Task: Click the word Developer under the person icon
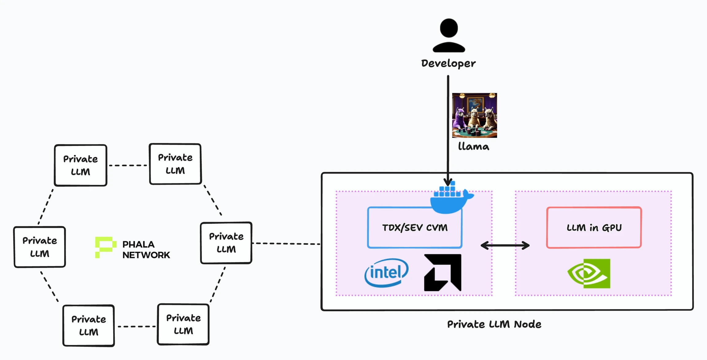point(448,63)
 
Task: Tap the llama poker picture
point(474,115)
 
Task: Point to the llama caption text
point(473,147)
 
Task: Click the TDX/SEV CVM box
point(415,228)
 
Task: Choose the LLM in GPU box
point(594,228)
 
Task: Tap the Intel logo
point(386,273)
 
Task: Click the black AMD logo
point(442,273)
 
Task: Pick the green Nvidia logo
point(589,274)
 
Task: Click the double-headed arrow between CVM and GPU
point(505,245)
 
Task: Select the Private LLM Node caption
point(494,324)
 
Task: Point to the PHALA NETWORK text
point(146,250)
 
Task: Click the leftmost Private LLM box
point(40,247)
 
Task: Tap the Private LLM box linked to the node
point(226,243)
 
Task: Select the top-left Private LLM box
point(80,165)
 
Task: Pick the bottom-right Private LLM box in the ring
point(183,324)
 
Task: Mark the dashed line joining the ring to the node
point(286,244)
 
